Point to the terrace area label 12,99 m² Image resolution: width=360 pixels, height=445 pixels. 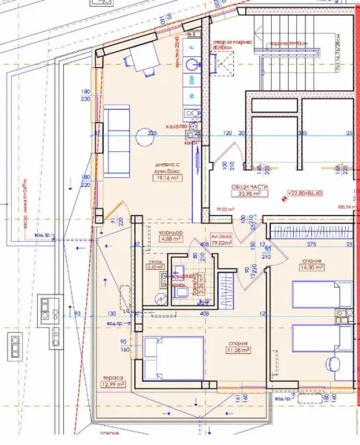[x=114, y=384]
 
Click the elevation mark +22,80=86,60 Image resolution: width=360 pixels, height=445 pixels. [x=310, y=194]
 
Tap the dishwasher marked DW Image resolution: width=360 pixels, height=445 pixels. [x=192, y=79]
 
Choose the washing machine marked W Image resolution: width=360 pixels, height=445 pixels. [x=192, y=96]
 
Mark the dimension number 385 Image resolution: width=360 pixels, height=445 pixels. [x=302, y=133]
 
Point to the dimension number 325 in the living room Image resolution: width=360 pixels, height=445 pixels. [x=152, y=133]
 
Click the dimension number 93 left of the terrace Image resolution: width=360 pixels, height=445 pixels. [x=78, y=314]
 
